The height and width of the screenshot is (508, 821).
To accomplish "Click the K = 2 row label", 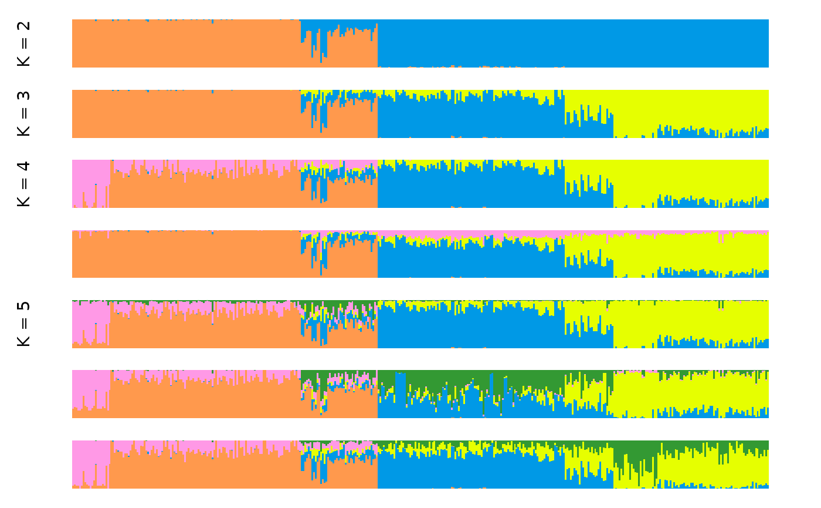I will point(23,43).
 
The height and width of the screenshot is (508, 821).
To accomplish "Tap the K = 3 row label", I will point(23,114).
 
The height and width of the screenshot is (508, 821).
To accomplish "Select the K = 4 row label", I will point(23,184).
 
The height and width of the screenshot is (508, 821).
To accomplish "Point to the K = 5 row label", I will point(23,324).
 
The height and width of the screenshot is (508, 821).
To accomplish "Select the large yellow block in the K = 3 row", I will point(692,109).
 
